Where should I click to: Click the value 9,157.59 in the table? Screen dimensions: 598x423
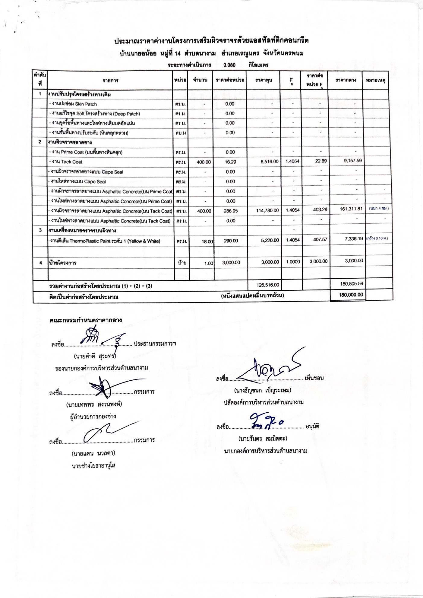click(353, 161)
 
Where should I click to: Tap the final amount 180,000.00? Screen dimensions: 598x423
click(351, 295)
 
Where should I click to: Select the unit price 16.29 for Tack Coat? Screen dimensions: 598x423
click(230, 162)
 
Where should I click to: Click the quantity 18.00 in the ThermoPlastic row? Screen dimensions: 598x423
click(207, 241)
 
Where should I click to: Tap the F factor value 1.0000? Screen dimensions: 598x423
click(293, 262)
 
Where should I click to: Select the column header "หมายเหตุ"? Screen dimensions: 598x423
click(376, 80)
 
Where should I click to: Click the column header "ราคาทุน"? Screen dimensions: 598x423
click(264, 80)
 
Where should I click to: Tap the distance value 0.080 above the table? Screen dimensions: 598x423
click(229, 65)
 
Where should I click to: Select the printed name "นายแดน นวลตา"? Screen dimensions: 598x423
click(93, 453)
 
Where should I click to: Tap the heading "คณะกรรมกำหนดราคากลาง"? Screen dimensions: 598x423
click(86, 320)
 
